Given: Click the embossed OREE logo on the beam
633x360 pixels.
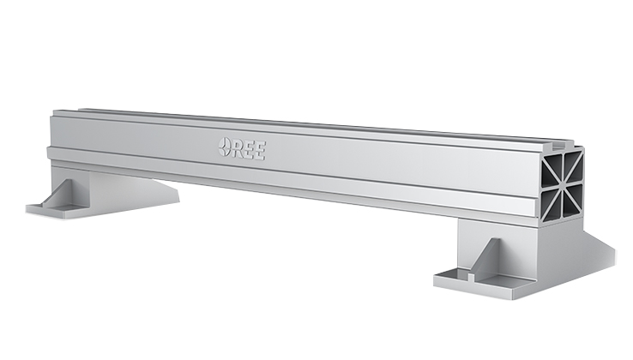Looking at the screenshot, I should pos(242,147).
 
